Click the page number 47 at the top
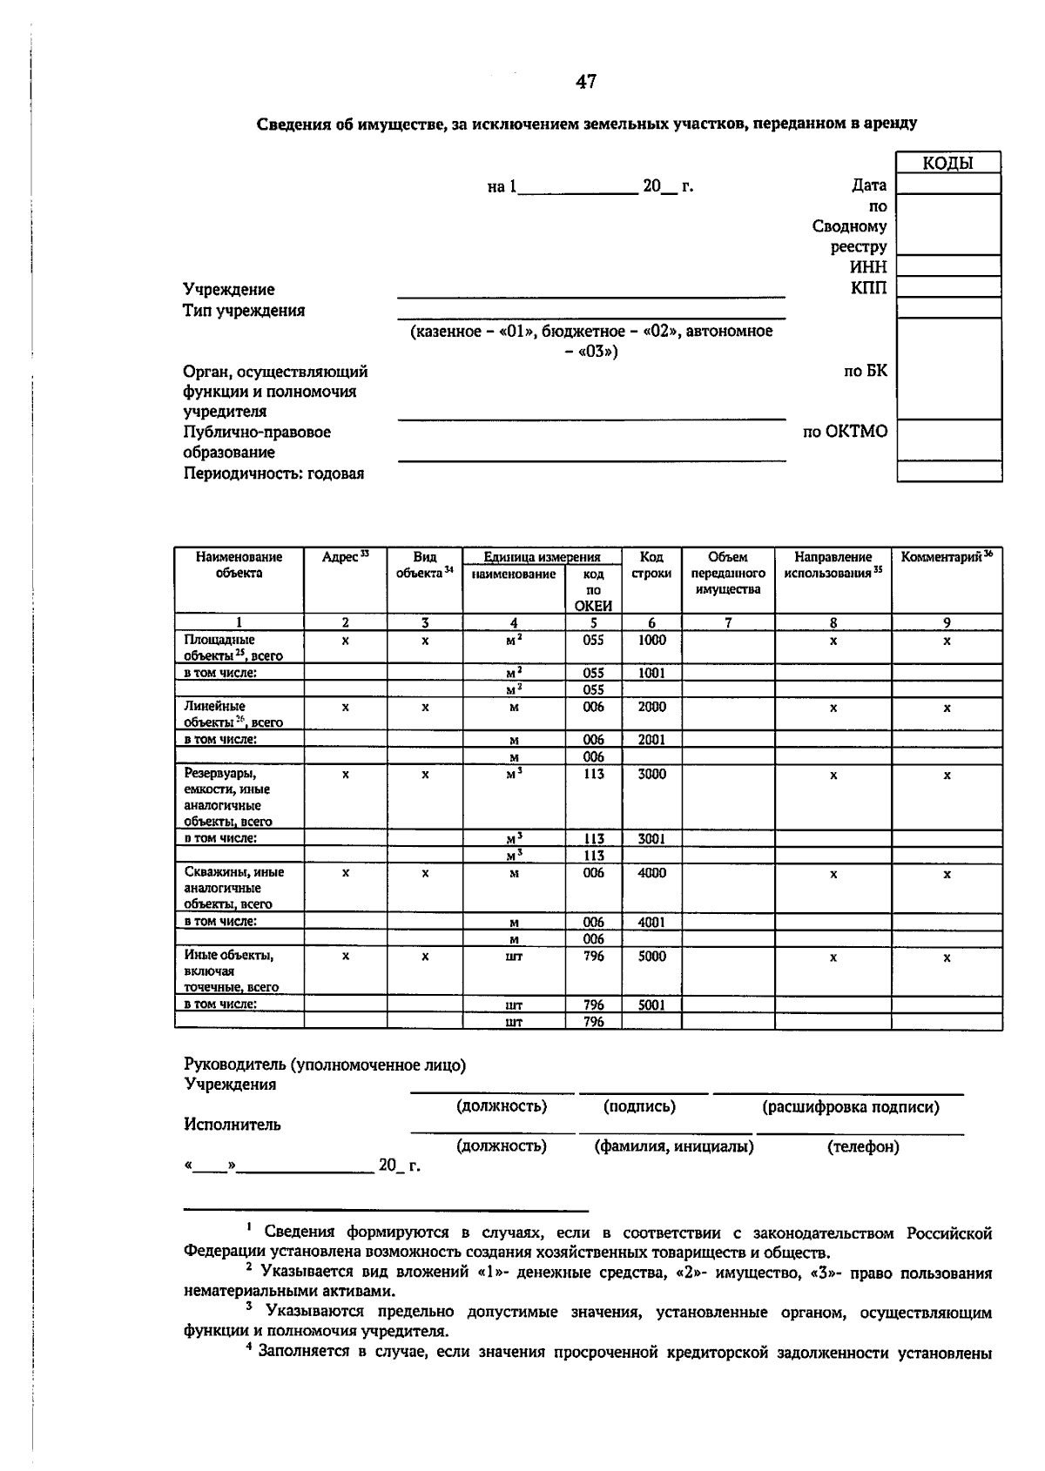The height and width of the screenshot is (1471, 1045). point(586,82)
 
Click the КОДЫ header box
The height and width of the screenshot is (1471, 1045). point(947,163)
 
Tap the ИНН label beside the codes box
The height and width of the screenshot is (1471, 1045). point(868,267)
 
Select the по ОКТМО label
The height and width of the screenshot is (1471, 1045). point(845,431)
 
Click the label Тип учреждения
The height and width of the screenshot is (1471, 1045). point(244,311)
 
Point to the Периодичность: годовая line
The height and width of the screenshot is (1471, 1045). point(273,474)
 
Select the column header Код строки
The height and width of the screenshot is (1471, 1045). point(651,565)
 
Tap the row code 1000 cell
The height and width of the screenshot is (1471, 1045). point(651,640)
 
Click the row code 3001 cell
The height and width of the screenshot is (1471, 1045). point(651,839)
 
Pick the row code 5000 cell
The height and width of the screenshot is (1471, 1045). point(651,956)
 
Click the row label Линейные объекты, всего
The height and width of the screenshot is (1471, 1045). point(233,714)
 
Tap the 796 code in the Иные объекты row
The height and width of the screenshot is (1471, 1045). point(593,956)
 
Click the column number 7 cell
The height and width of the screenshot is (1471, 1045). point(728,622)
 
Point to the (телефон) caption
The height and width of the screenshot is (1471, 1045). point(863,1146)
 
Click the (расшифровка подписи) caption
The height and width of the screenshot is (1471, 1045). point(851,1107)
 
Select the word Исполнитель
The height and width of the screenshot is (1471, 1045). point(233,1124)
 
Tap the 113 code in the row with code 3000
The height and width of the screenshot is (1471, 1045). point(593,774)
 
